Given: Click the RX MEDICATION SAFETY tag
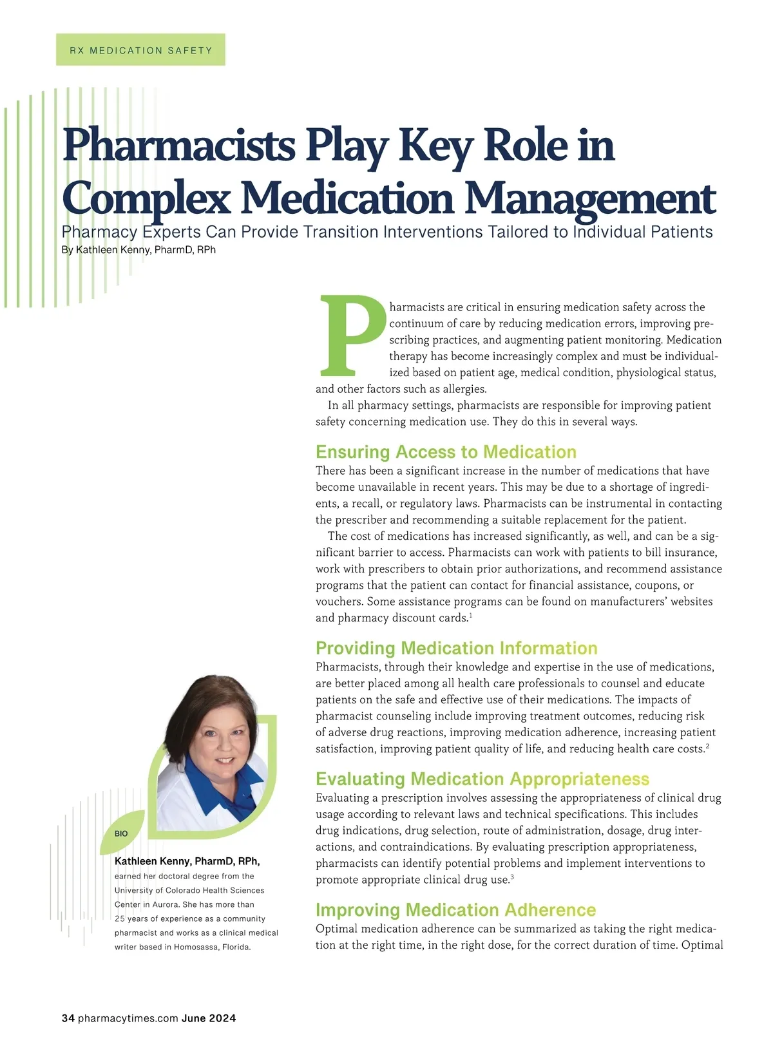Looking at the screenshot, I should click(140, 50).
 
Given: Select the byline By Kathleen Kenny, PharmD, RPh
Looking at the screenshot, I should click(138, 250).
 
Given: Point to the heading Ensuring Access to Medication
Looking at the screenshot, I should click(446, 452).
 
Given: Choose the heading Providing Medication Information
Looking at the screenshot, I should click(456, 648).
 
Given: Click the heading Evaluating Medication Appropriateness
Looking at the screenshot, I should click(482, 779).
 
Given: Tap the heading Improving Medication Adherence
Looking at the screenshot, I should click(455, 910).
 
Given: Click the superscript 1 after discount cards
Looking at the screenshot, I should click(471, 616).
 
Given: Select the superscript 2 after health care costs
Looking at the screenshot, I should click(707, 746).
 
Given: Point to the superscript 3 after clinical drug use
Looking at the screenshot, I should click(511, 877).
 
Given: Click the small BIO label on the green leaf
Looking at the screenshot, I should click(121, 833).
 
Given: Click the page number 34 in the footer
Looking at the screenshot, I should click(68, 1018).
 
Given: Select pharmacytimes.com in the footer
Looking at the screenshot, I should click(128, 1018).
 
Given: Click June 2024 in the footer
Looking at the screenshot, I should click(209, 1018).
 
